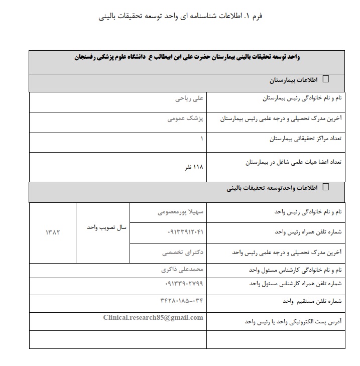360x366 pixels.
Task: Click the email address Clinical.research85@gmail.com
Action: (x=153, y=317)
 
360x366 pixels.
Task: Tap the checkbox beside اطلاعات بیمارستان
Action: (x=325, y=79)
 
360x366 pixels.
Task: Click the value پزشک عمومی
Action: (x=185, y=119)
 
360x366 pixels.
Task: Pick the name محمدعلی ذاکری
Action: (x=180, y=269)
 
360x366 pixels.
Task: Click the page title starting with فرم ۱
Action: (x=181, y=16)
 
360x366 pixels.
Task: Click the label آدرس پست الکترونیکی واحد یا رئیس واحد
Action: (x=293, y=320)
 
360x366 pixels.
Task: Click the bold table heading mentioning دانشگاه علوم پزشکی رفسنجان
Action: (x=186, y=58)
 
